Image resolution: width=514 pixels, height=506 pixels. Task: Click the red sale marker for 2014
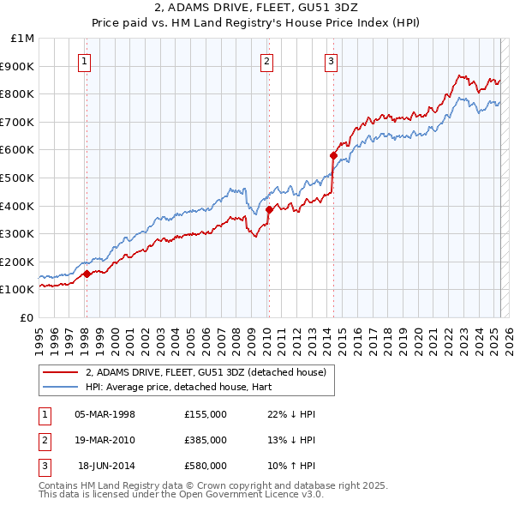click(x=333, y=155)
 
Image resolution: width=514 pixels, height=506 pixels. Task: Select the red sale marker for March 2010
click(x=269, y=209)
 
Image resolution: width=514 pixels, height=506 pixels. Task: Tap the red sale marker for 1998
click(x=87, y=274)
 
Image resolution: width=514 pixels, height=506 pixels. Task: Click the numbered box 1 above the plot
click(x=86, y=61)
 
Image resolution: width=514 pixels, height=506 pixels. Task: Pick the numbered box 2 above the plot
click(x=267, y=61)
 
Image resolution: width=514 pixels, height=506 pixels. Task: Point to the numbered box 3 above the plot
click(x=331, y=61)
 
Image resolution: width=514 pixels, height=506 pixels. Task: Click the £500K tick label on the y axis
click(x=17, y=178)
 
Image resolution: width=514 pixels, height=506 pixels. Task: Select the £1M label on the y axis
click(x=23, y=39)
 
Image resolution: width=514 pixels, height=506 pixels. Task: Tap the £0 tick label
click(x=27, y=317)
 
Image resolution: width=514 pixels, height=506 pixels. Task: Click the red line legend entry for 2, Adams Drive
click(x=206, y=373)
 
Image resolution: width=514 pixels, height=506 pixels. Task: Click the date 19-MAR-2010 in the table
click(x=105, y=440)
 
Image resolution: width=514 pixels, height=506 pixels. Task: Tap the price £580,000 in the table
click(x=206, y=466)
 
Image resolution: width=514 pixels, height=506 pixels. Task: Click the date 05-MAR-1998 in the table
click(x=105, y=414)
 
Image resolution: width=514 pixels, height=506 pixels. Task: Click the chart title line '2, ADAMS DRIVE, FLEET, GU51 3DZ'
click(x=257, y=9)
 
